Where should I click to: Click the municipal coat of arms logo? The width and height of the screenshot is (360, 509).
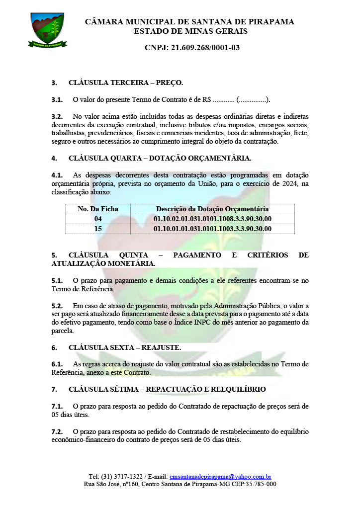tap(47, 29)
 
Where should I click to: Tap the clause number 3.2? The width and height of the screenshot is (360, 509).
tap(57, 116)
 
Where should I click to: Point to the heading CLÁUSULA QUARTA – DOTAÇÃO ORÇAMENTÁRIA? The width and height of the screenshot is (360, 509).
tap(160, 159)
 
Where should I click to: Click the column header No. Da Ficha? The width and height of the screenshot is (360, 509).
tap(98, 209)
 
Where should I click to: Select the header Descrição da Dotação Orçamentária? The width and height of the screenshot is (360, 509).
tap(212, 209)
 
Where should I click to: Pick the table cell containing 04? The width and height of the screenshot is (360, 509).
tap(98, 219)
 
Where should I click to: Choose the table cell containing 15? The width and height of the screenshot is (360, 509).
tap(98, 229)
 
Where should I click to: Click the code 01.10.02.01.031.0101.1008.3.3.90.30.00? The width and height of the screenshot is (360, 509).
tap(212, 219)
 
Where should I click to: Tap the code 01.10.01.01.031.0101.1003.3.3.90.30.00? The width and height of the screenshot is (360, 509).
tap(212, 229)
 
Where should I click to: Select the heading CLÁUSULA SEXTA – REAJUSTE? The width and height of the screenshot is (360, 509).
tap(124, 347)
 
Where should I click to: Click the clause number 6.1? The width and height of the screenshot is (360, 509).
tap(57, 364)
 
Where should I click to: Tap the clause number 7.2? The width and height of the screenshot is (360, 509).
tap(57, 431)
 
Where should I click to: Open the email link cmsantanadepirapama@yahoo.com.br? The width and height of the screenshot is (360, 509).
tap(220, 476)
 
